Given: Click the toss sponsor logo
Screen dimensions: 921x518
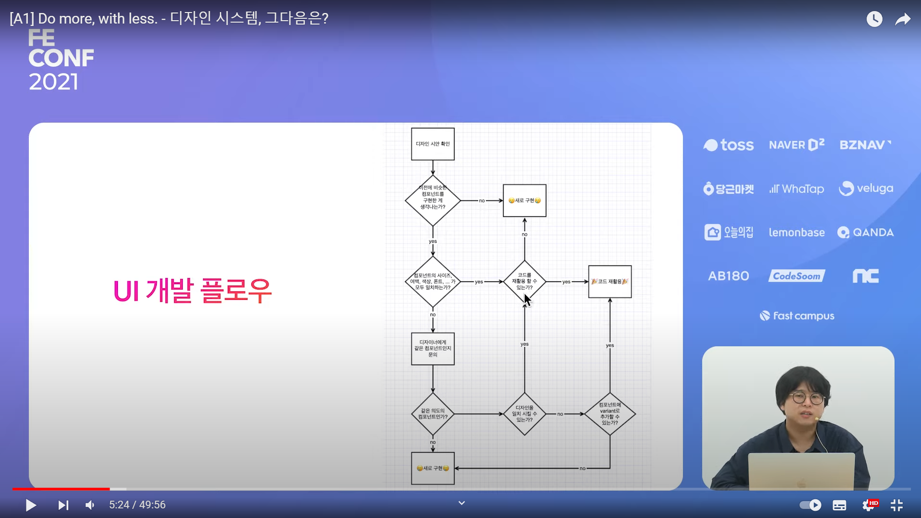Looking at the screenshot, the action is click(728, 145).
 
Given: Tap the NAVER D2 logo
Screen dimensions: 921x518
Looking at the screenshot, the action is click(796, 145).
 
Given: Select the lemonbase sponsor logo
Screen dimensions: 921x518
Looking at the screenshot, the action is click(796, 233).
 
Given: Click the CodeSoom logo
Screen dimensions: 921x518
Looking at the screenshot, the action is click(796, 276).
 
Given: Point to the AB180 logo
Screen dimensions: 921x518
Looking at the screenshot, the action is click(728, 276).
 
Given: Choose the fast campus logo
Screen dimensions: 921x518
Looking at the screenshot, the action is click(797, 316).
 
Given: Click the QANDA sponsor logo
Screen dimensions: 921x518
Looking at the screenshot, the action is click(865, 233).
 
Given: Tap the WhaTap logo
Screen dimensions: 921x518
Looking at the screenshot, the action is click(796, 189).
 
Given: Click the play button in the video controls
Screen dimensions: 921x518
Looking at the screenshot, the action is click(31, 505).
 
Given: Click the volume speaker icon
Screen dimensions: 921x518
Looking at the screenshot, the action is click(90, 505).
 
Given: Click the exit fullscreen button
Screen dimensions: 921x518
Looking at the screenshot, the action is click(896, 505).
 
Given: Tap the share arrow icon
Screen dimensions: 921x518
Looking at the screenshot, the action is click(903, 19).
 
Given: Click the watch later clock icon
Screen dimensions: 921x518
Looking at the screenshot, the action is click(874, 19).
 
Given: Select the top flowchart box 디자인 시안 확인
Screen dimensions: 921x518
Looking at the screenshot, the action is click(432, 144).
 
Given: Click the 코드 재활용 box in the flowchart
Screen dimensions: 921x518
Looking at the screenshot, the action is click(610, 281).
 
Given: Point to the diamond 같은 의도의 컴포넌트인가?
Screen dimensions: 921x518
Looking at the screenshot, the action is click(432, 414).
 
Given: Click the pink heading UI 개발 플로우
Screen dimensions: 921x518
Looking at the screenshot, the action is click(192, 291).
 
